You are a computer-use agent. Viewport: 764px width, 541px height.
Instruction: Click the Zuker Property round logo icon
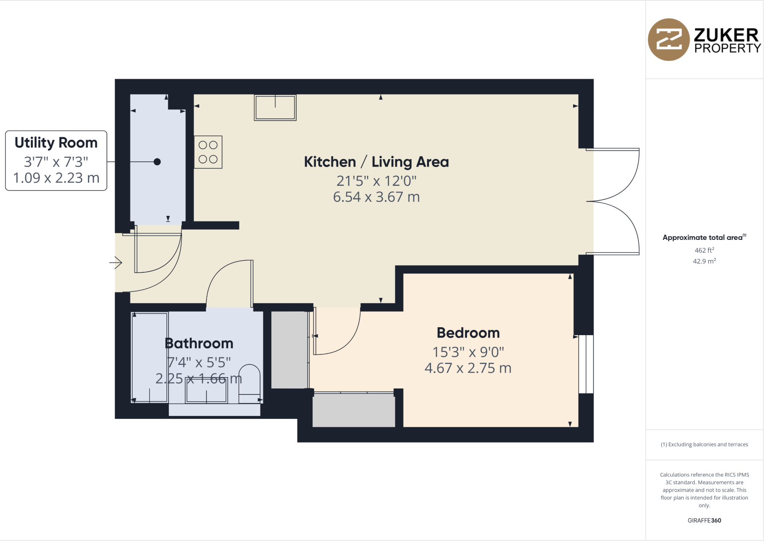click(x=668, y=40)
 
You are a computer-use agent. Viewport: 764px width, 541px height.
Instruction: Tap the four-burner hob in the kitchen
click(x=208, y=152)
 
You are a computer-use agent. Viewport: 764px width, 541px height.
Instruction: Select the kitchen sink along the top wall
click(x=275, y=108)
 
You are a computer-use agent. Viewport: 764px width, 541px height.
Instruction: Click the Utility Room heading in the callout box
click(x=56, y=143)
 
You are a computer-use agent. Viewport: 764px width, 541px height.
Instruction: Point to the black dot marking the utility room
click(x=157, y=162)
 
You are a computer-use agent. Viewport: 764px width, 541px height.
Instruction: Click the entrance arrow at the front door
click(x=116, y=263)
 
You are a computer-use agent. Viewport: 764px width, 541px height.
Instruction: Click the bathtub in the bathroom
click(x=150, y=357)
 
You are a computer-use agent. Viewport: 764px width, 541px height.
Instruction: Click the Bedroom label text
click(x=468, y=333)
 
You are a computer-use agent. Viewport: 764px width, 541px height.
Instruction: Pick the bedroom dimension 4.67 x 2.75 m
click(x=468, y=368)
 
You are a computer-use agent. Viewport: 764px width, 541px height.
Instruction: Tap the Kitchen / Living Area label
click(x=376, y=162)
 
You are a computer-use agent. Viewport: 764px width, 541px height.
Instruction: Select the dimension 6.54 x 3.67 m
click(x=376, y=197)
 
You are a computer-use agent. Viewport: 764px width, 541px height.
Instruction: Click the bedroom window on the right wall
click(x=586, y=364)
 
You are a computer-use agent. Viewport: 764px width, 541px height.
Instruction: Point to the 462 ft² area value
click(x=704, y=250)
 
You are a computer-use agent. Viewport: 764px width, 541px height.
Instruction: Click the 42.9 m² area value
click(x=704, y=261)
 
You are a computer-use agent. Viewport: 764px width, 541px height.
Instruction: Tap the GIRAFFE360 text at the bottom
click(x=704, y=521)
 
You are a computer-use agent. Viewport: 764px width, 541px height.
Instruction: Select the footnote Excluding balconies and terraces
click(x=704, y=444)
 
